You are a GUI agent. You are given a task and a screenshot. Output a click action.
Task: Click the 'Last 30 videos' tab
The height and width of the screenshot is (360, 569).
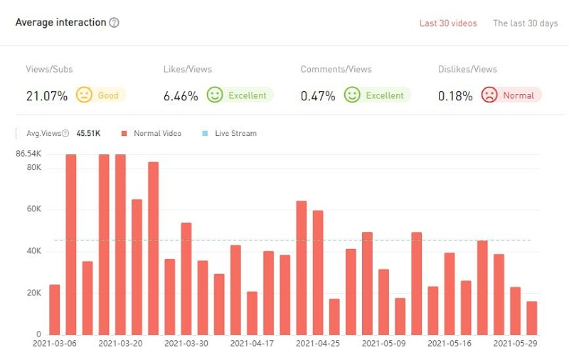(448, 23)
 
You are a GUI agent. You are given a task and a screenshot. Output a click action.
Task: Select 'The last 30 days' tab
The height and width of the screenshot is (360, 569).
(525, 23)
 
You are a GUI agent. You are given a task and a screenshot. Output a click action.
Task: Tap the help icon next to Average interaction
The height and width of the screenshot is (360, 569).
(115, 23)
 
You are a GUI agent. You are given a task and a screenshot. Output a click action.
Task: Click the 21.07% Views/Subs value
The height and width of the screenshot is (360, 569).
(47, 95)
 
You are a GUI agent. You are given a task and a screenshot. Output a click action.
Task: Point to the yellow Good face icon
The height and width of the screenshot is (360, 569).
(85, 95)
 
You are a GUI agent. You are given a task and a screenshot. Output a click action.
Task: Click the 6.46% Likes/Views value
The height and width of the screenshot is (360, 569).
(181, 95)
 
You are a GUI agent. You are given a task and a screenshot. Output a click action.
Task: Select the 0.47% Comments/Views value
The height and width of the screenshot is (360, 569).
(318, 95)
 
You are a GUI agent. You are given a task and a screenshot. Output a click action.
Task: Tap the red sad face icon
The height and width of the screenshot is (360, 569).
(489, 95)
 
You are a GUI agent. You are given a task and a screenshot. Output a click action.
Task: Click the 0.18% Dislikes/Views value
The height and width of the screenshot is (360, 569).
(455, 95)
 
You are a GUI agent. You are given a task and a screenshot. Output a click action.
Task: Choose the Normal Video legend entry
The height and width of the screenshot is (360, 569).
(152, 133)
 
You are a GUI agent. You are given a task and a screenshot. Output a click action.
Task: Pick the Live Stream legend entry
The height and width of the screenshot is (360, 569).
(230, 133)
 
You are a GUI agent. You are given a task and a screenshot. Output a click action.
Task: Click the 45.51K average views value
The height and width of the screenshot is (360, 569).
(89, 133)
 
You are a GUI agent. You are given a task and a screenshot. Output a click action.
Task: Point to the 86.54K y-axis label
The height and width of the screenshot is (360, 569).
(28, 154)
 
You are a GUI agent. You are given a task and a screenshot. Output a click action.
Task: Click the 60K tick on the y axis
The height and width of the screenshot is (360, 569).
(34, 209)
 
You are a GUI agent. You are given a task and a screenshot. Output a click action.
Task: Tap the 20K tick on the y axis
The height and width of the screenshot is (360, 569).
(34, 293)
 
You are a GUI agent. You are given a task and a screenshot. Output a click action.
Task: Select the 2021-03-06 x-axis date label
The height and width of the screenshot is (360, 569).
(55, 343)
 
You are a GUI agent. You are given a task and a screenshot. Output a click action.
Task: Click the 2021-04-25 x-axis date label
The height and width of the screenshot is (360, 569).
(319, 343)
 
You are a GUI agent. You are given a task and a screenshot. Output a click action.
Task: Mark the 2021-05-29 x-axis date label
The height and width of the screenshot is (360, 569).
(516, 343)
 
